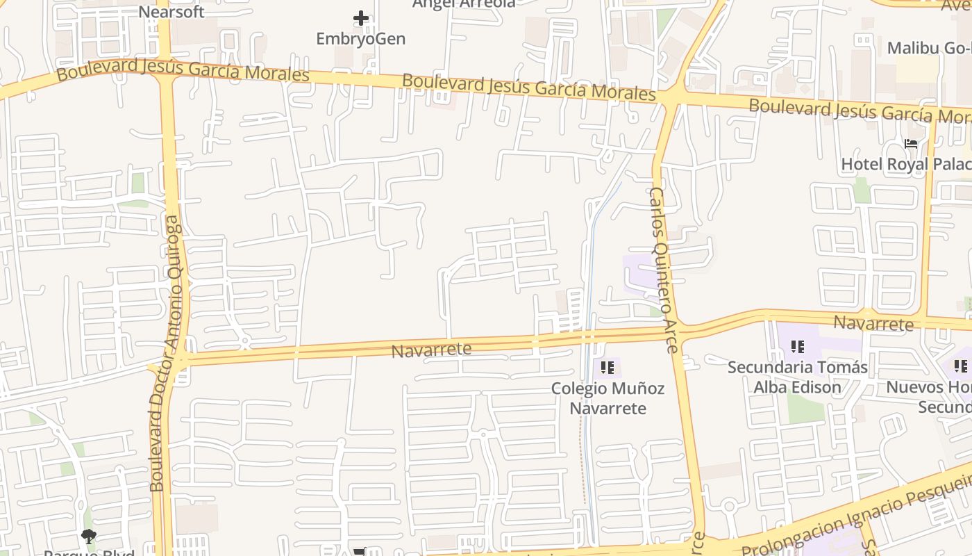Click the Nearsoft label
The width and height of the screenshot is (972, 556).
click(171, 12)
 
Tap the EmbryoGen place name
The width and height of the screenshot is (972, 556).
click(360, 39)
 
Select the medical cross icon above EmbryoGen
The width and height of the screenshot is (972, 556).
click(360, 18)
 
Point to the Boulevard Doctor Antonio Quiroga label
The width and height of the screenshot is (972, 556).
click(167, 354)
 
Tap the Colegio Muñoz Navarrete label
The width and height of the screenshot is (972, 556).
click(607, 398)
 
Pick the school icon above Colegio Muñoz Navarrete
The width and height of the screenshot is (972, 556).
click(607, 367)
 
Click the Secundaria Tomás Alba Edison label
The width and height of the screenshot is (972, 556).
click(797, 377)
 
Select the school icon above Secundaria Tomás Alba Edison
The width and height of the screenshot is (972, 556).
click(797, 346)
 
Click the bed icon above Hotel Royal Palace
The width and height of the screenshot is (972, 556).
click(911, 144)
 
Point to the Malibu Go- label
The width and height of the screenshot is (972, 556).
click(929, 48)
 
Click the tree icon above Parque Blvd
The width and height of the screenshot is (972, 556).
click(88, 536)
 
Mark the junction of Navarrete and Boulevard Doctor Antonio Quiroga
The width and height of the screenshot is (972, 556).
click(178, 359)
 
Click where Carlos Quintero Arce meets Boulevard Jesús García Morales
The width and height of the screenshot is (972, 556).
click(672, 97)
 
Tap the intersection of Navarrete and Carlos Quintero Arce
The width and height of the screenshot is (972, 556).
click(678, 332)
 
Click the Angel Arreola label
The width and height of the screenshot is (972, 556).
click(464, 3)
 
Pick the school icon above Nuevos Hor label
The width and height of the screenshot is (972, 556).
click(961, 366)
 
